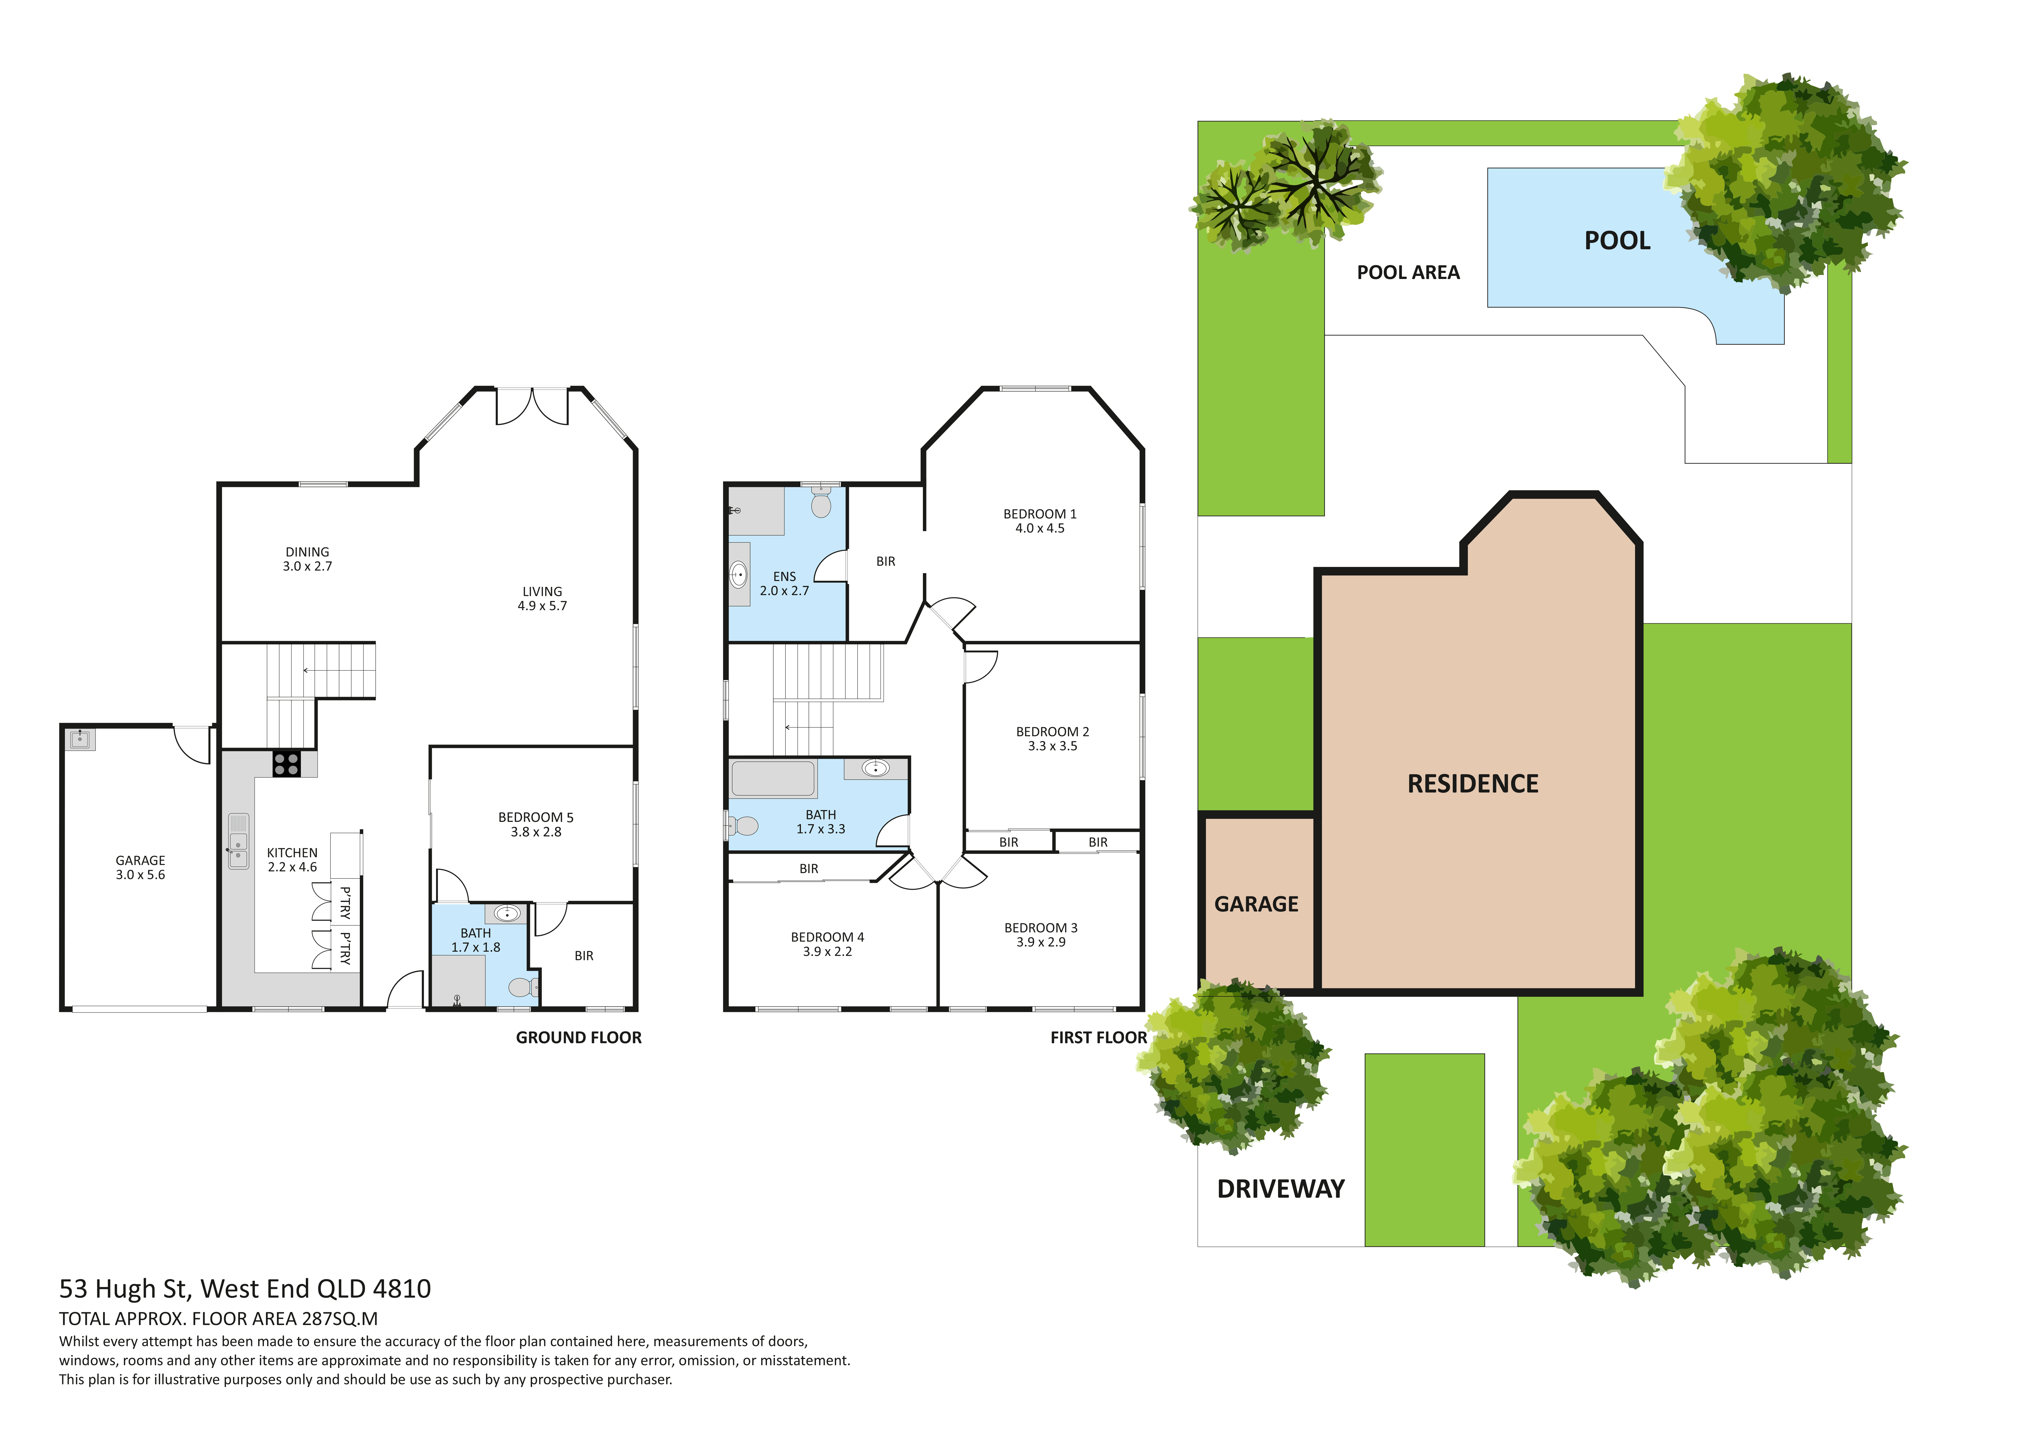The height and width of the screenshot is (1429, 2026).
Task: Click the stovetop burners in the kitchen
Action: pos(286,764)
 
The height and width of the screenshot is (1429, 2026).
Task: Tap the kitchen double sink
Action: pos(238,841)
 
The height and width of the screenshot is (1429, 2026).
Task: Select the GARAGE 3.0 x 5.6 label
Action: pos(140,868)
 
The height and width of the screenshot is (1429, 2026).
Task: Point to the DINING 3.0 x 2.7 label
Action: pos(307,559)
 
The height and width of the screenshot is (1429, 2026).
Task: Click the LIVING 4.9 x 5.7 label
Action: pos(542,598)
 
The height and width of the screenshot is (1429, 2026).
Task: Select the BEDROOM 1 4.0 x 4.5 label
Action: pos(1040,521)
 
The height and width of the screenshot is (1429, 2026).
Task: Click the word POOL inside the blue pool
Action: pos(1617,241)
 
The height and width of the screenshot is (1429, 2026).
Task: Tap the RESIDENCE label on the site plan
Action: pos(1473,784)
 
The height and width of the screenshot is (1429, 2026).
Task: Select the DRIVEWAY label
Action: pos(1280,1189)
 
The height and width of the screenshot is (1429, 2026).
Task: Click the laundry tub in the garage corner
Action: pos(80,740)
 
